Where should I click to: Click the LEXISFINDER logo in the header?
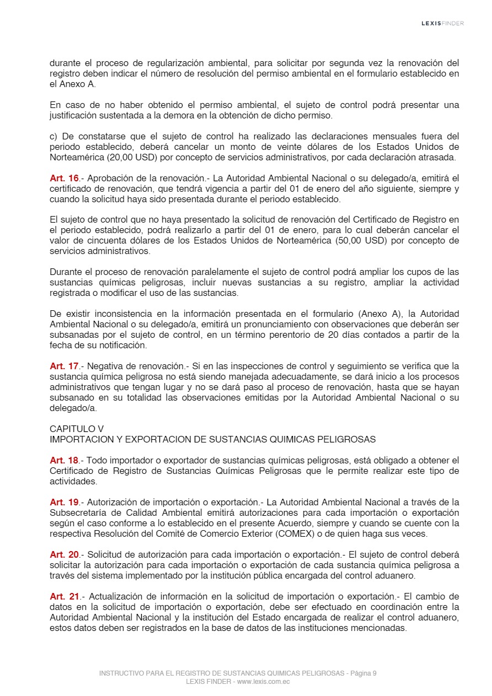pos(442,23)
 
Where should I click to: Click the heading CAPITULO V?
pos(77,429)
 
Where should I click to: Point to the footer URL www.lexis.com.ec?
pos(264,682)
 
